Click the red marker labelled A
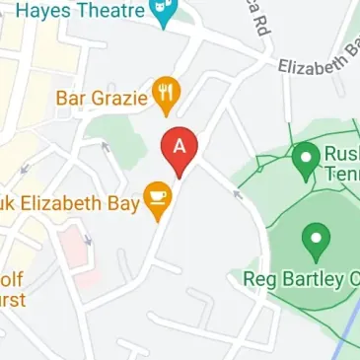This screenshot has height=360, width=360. point(180,148)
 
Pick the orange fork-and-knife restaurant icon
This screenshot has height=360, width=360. point(166,96)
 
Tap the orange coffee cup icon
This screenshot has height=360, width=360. point(157,198)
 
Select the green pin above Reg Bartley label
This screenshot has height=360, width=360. point(316,239)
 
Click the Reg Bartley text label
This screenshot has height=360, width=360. point(296,278)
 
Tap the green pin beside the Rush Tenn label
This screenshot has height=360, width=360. point(305,156)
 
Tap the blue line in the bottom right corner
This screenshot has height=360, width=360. point(349,326)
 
